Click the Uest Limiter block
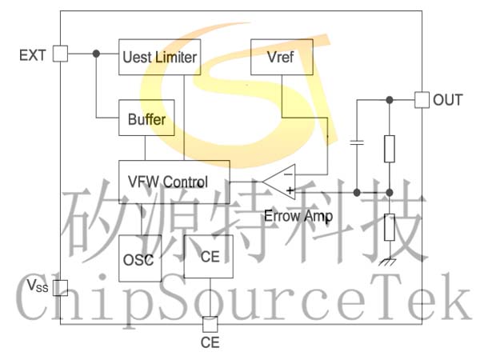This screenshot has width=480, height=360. pyautogui.click(x=159, y=57)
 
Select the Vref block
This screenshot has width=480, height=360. pyautogui.click(x=282, y=57)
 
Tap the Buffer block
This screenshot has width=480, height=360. pyautogui.click(x=146, y=118)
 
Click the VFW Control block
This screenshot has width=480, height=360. pyautogui.click(x=174, y=182)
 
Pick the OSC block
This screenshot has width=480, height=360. pyautogui.click(x=140, y=258)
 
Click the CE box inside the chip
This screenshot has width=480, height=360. pyautogui.click(x=209, y=257)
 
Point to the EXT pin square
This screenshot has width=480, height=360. pyautogui.click(x=60, y=54)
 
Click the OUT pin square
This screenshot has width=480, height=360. pyautogui.click(x=422, y=100)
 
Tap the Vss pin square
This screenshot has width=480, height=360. pyautogui.click(x=60, y=288)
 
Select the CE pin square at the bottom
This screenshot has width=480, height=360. pyautogui.click(x=210, y=325)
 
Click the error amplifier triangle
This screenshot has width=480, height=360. pyautogui.click(x=279, y=182)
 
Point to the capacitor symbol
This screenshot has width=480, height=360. pyautogui.click(x=357, y=142)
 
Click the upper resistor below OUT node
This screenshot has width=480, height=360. pyautogui.click(x=390, y=149)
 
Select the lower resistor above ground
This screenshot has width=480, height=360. pyautogui.click(x=390, y=227)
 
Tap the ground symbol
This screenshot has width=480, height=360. pyautogui.click(x=387, y=262)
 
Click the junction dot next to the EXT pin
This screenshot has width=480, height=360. pyautogui.click(x=96, y=54)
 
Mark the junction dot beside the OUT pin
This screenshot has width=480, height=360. pyautogui.click(x=390, y=100)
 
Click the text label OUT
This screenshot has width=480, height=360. pyautogui.click(x=447, y=100)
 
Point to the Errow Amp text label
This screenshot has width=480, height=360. pyautogui.click(x=298, y=217)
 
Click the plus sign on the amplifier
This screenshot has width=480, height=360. pyautogui.click(x=290, y=190)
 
